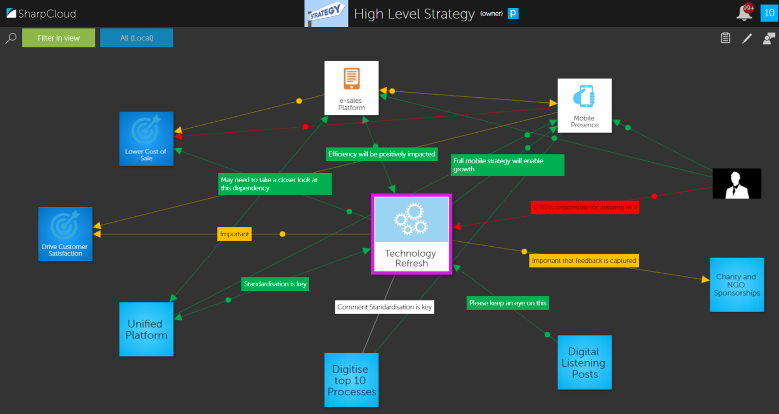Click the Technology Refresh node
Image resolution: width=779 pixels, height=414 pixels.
[x=411, y=234]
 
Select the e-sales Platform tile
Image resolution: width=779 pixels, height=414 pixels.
[x=351, y=88]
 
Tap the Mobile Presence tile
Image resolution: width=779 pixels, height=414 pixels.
[x=584, y=105]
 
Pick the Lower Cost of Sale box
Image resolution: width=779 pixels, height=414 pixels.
[x=146, y=139]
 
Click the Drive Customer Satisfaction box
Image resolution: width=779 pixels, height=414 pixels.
[x=65, y=234]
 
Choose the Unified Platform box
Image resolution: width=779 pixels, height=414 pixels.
[x=146, y=329]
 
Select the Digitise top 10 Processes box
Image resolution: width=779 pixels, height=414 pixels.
[x=351, y=380]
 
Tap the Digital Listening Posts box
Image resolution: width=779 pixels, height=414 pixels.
[x=584, y=362]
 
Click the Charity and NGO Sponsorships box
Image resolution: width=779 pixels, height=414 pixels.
[x=736, y=284]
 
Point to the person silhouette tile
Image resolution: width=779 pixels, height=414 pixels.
[x=736, y=184]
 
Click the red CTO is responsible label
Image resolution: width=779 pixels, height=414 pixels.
[x=585, y=207]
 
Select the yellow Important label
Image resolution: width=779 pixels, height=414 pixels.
[x=234, y=234]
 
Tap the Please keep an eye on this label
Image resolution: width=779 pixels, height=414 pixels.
[x=508, y=303]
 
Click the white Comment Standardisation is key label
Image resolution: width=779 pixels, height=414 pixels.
[x=385, y=307]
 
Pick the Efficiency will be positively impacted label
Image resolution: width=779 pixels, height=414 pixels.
[x=381, y=154]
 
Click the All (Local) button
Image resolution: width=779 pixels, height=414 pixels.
[x=136, y=38]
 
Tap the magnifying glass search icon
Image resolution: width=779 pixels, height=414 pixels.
[x=11, y=38]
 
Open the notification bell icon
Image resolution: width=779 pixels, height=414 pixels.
[x=744, y=13]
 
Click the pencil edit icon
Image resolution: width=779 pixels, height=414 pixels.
[x=747, y=39]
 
